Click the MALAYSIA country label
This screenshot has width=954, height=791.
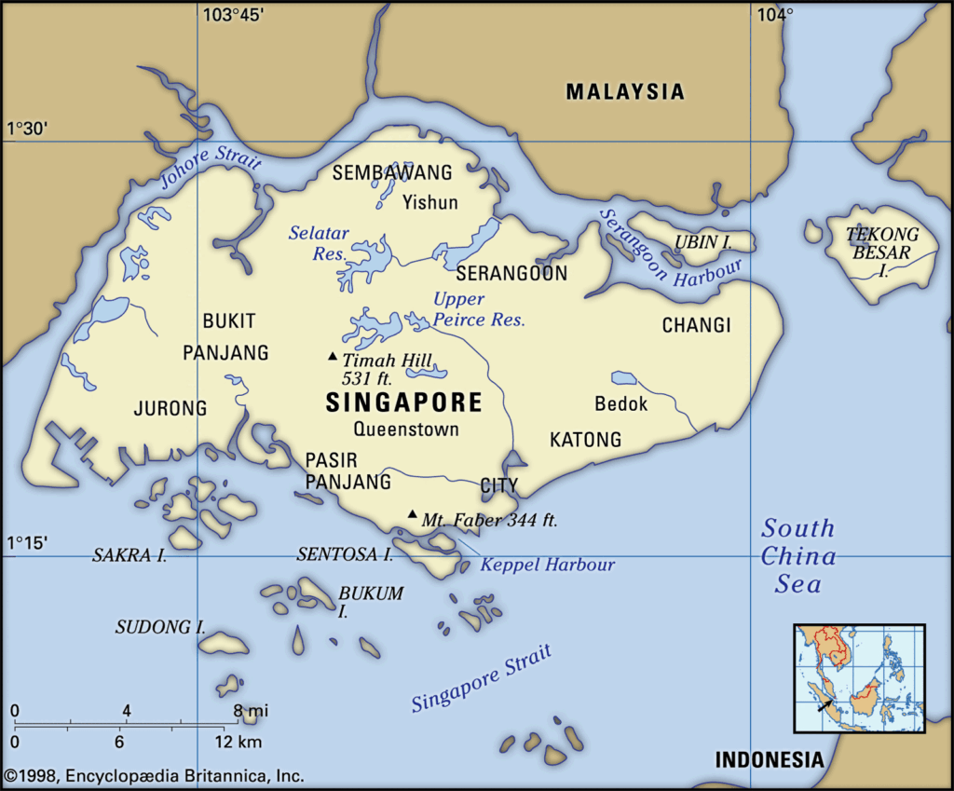(625, 91)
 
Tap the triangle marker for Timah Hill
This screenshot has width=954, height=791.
(332, 357)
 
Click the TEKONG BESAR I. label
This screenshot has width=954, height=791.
(881, 252)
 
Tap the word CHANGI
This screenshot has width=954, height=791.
(696, 325)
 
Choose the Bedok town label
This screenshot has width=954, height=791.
(620, 404)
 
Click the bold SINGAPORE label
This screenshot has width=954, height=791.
(404, 402)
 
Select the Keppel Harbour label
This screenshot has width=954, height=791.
(548, 565)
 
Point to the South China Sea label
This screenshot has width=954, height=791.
(798, 556)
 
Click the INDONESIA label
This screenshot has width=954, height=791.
(770, 759)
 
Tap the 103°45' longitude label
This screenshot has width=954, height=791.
(233, 14)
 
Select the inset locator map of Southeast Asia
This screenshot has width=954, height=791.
(859, 678)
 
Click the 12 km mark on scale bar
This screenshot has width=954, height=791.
(237, 743)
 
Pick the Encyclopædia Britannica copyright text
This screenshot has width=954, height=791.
(154, 775)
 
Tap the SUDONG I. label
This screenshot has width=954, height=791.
(160, 627)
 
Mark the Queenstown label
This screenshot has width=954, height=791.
(406, 430)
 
